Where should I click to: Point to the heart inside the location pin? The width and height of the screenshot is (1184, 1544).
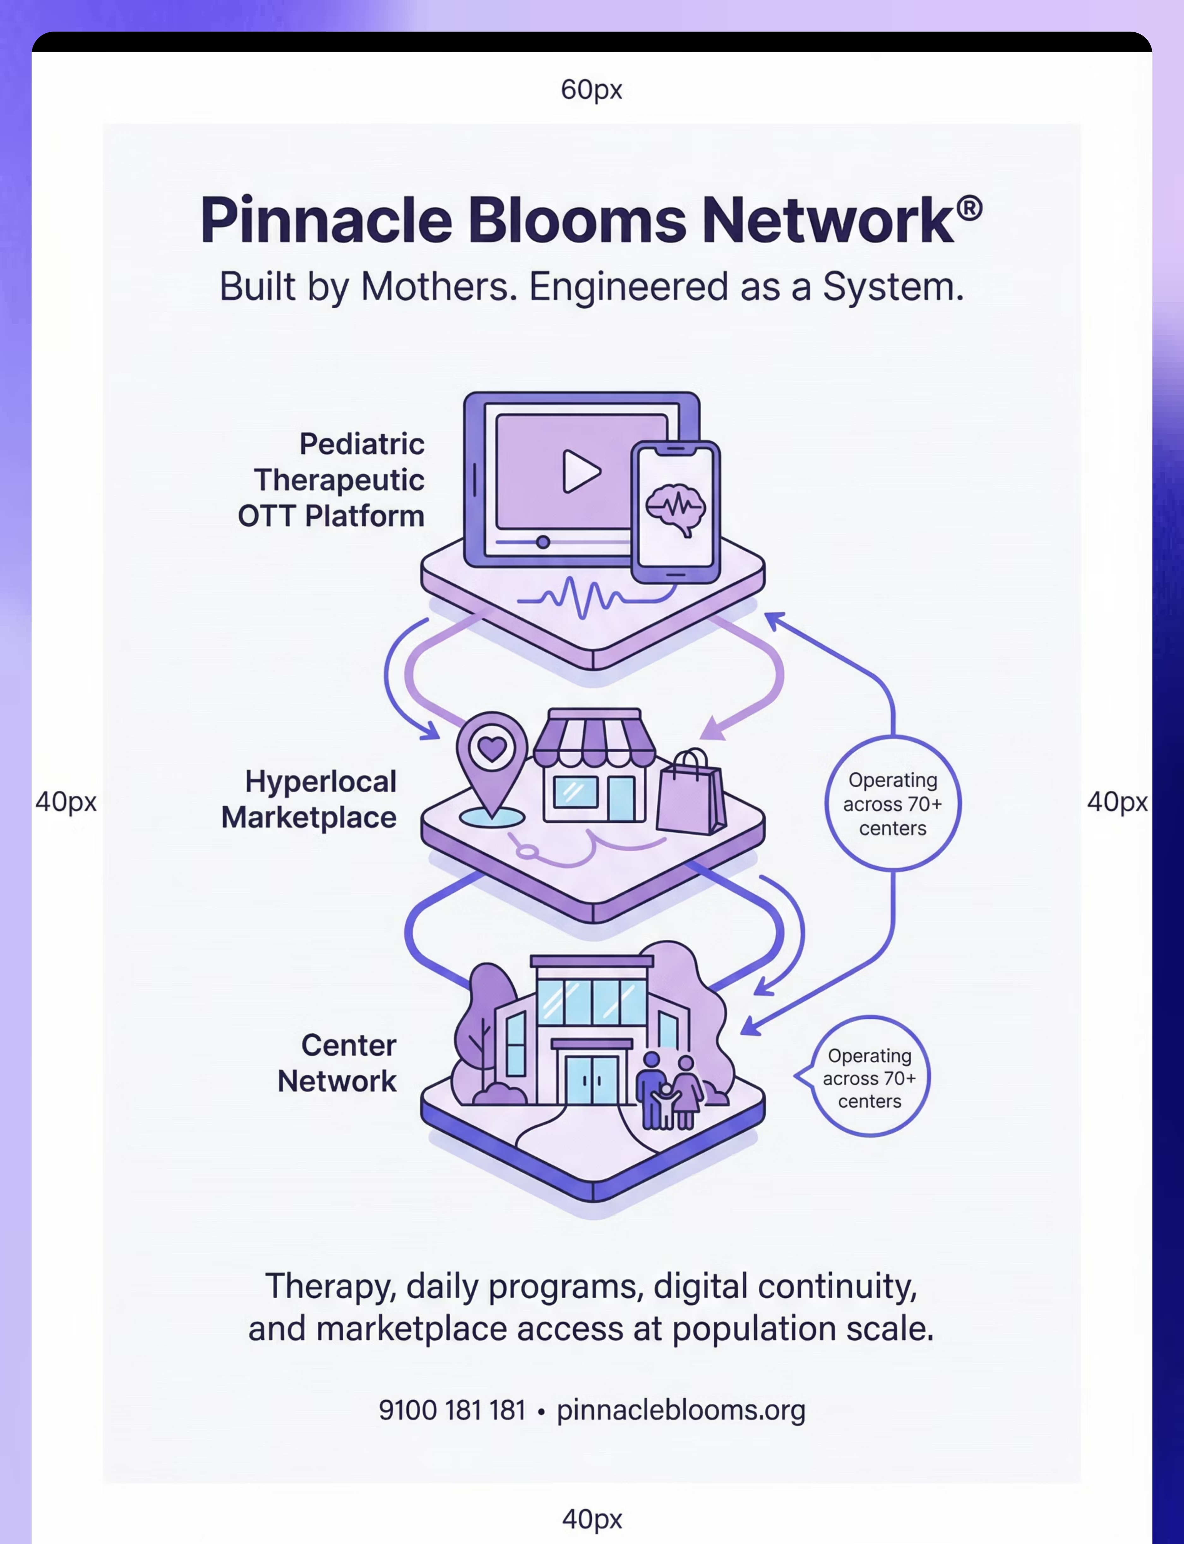click(492, 747)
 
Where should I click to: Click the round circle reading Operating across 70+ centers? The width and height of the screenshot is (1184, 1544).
click(893, 804)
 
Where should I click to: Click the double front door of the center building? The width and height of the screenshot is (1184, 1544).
click(592, 1079)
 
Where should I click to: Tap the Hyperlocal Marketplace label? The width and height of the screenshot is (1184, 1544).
click(309, 800)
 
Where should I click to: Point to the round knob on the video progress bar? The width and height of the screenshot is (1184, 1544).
click(543, 542)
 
